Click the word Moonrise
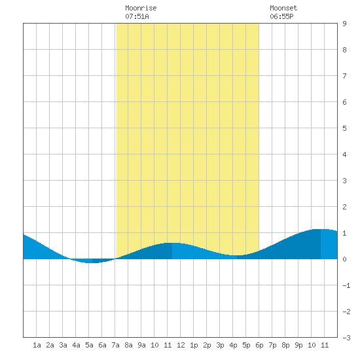click(141, 8)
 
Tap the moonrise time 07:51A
click(137, 16)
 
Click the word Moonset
click(283, 8)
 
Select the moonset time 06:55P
click(281, 16)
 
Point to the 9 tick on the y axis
click(344, 24)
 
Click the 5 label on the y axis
click(344, 128)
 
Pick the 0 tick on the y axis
click(344, 259)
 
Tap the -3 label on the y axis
click(346, 338)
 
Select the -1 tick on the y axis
click(346, 285)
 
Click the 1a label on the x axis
click(37, 345)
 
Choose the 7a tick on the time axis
click(115, 345)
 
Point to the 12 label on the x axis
click(181, 345)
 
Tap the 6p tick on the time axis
click(259, 345)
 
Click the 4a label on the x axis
click(76, 345)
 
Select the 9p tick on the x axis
click(298, 345)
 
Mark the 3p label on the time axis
click(220, 345)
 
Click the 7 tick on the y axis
click(344, 76)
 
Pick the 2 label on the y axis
click(344, 207)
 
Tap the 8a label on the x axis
click(128, 345)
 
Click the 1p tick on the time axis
click(194, 345)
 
